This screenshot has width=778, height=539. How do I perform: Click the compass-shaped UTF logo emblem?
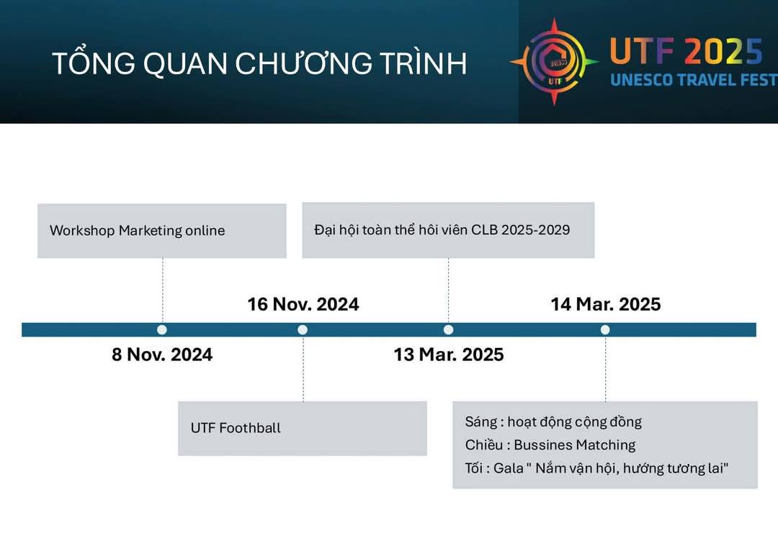554,62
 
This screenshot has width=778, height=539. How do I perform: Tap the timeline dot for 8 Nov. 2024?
162,329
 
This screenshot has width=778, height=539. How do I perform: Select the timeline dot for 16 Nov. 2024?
303,329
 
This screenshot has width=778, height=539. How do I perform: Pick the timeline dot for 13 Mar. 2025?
449,329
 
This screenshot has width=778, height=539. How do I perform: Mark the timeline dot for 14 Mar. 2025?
605,329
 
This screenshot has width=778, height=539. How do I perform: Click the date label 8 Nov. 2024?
162,355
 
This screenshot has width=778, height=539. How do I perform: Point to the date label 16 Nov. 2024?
303,304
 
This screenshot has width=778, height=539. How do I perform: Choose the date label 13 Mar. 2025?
449,355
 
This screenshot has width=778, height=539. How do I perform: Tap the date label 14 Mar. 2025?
606,304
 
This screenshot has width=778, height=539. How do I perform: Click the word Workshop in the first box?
82,231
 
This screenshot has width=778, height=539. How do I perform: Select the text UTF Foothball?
236,428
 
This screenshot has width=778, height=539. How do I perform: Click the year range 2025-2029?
535,230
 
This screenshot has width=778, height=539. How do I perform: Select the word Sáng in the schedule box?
481,422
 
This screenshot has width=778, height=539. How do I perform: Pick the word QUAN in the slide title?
187,63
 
